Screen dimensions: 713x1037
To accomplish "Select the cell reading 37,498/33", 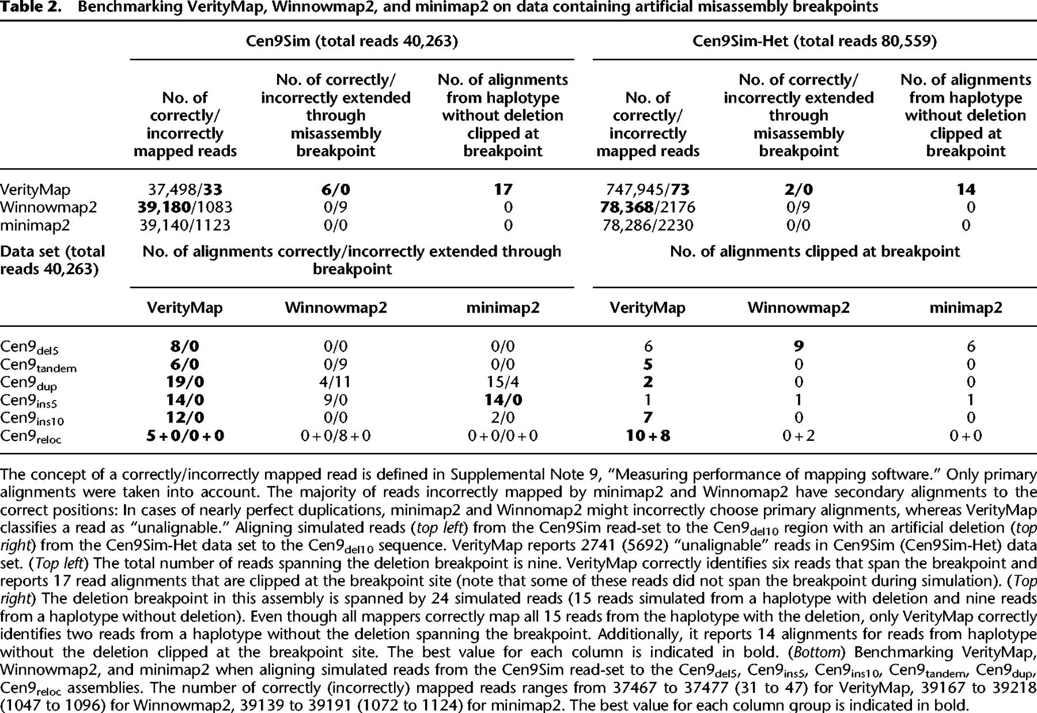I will (185, 190).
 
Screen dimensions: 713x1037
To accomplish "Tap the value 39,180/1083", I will (185, 207).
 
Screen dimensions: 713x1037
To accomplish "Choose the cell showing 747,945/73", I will (648, 190).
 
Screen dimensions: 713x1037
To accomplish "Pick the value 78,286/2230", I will (648, 225).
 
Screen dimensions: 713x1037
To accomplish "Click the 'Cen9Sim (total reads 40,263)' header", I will (352, 42).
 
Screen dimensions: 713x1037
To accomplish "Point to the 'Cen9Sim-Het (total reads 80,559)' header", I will (815, 42).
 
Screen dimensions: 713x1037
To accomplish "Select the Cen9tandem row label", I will (38, 365).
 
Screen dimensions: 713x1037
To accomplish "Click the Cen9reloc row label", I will (31, 436).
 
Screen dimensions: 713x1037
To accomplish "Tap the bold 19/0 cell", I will (185, 382).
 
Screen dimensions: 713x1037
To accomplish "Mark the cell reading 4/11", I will (335, 382).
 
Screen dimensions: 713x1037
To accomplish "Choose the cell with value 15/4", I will (502, 382).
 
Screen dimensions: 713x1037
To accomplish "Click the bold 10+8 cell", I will (648, 436).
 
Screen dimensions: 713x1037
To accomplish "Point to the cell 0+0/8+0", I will (335, 436).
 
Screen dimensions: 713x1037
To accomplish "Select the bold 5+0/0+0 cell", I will (185, 436).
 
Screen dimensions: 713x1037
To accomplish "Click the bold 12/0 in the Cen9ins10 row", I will (185, 417).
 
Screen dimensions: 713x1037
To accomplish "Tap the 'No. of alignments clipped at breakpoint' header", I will (815, 251).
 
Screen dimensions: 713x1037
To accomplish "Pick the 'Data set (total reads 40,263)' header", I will (52, 260).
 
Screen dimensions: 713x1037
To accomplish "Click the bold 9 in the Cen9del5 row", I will (798, 346).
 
